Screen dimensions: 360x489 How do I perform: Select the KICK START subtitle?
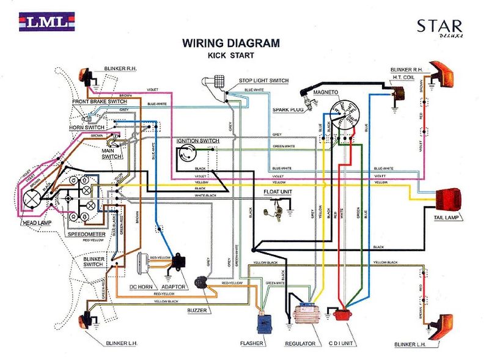click(230, 55)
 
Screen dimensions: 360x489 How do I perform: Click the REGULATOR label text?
click(300, 344)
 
